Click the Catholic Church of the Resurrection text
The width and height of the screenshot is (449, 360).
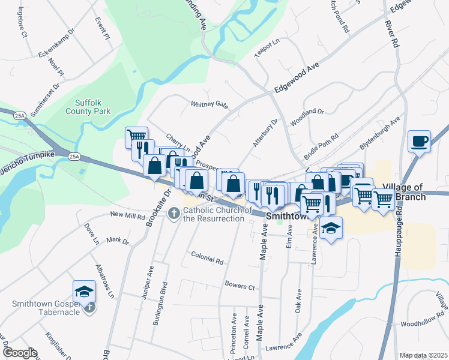tap(214, 214)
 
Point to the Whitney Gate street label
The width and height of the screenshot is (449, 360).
tap(209, 104)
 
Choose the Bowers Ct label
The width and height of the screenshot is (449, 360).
tap(240, 284)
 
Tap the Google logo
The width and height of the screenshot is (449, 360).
tap(19, 353)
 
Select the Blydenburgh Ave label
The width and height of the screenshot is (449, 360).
tap(379, 133)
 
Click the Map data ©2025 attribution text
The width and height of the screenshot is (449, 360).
tap(423, 355)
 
